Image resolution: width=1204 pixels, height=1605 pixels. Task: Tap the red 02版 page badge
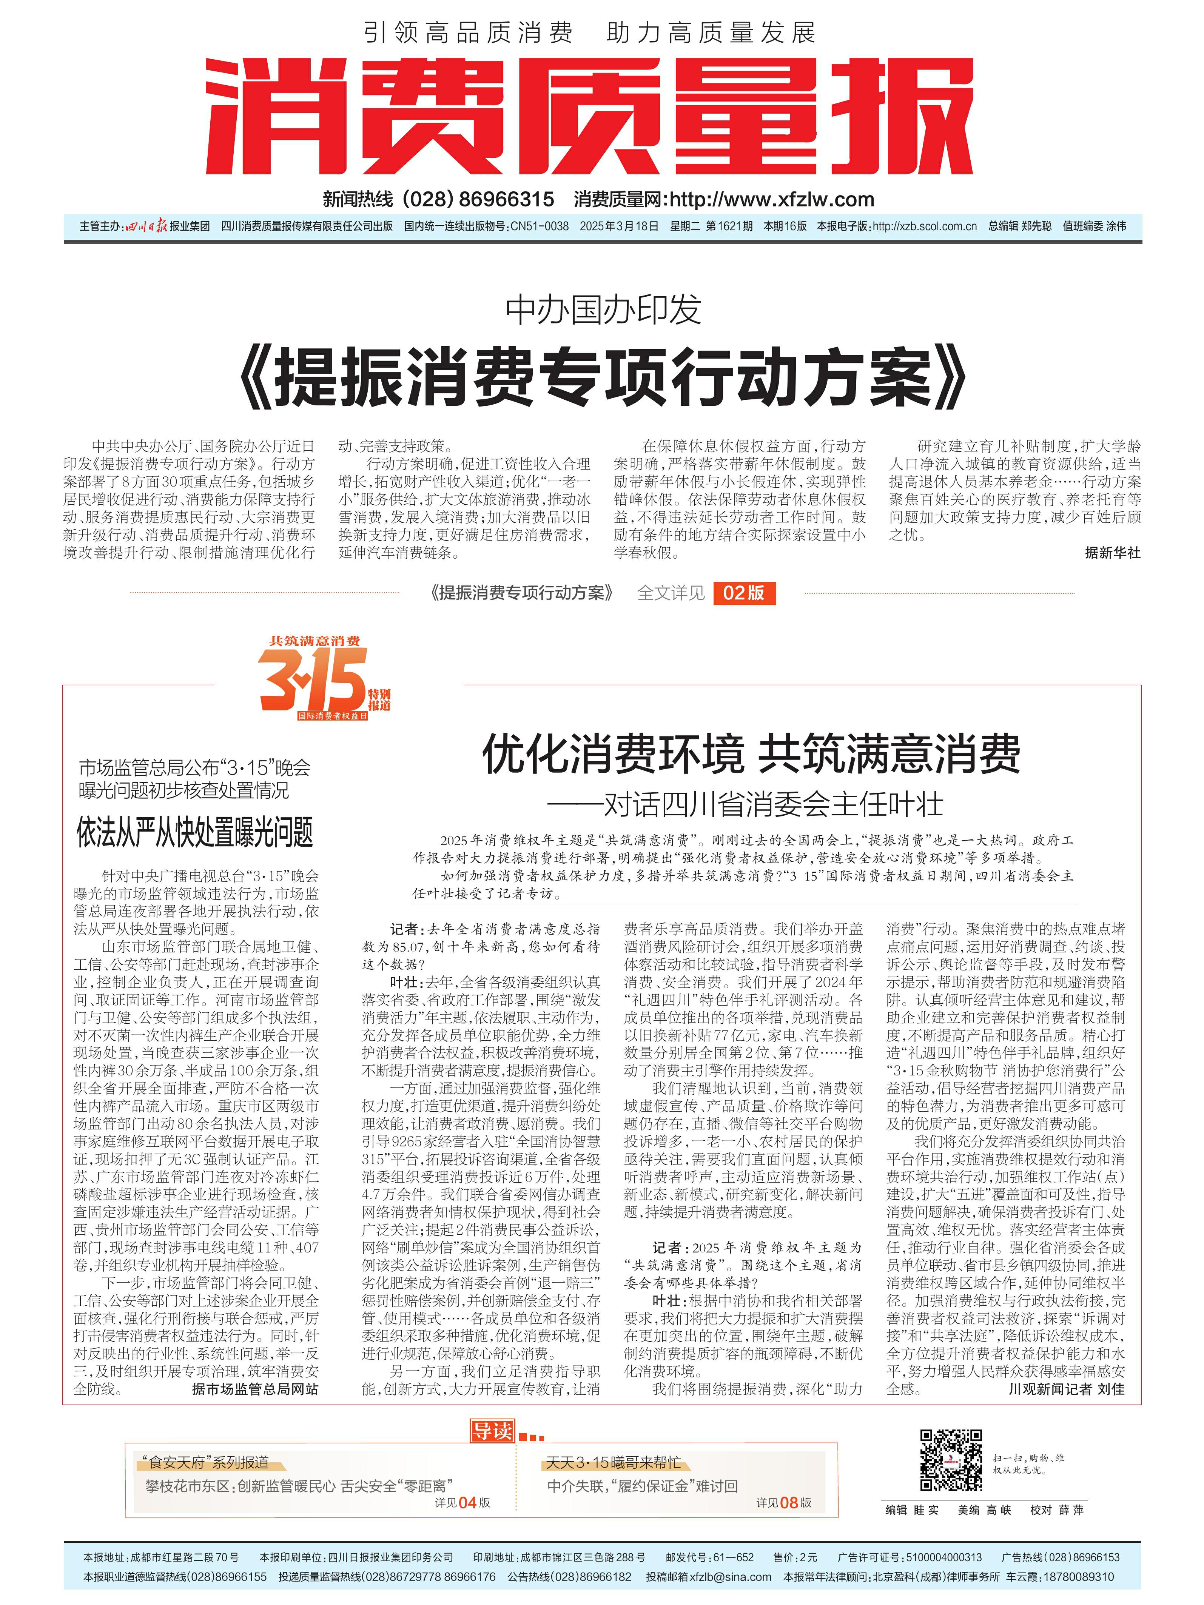[744, 593]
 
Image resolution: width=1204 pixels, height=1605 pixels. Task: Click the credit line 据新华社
[1112, 553]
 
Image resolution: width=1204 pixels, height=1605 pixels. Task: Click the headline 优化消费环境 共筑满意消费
[751, 754]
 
